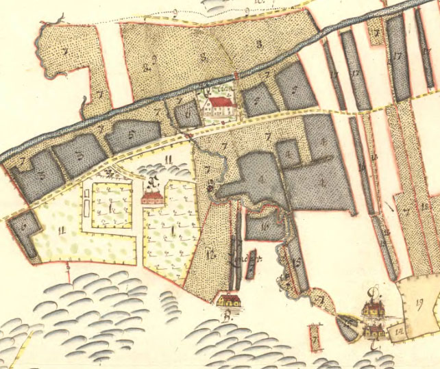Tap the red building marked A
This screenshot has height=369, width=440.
152,198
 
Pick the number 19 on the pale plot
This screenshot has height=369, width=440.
419,301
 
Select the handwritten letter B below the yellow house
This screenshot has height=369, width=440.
226,316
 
